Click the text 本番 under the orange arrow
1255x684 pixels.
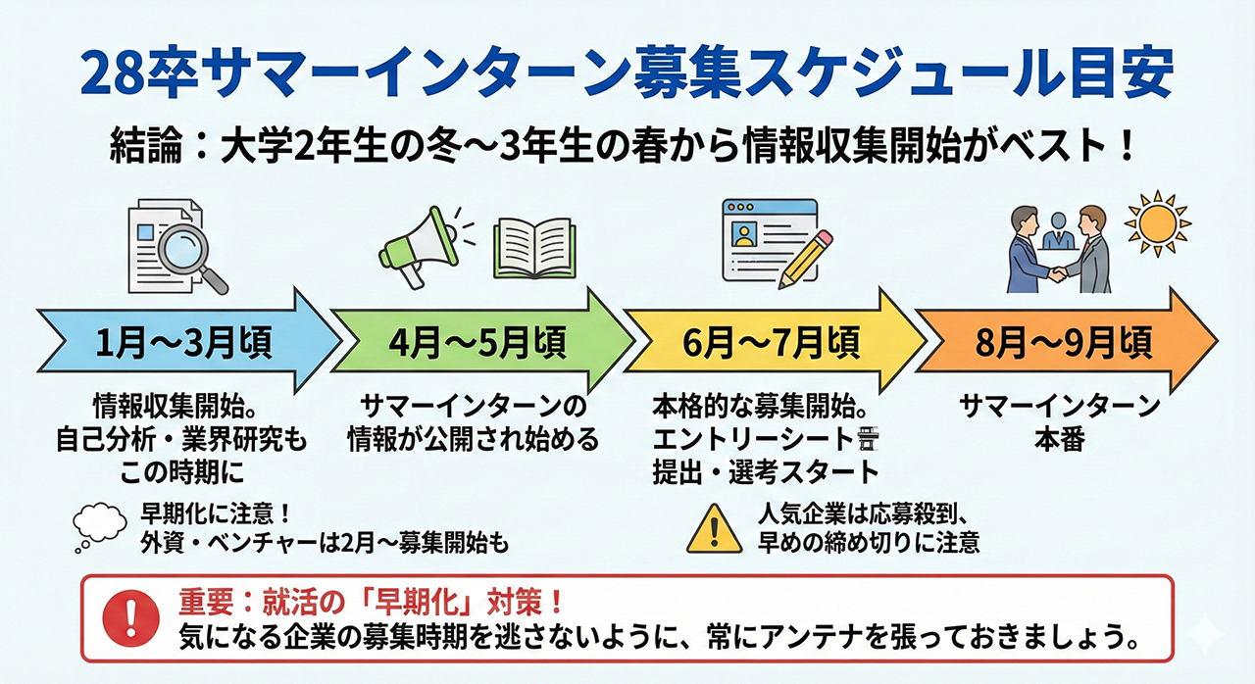click(x=1059, y=439)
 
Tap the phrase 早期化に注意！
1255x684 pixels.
click(x=212, y=513)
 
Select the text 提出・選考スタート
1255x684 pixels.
click(x=765, y=471)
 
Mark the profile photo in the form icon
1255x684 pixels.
click(x=745, y=236)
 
